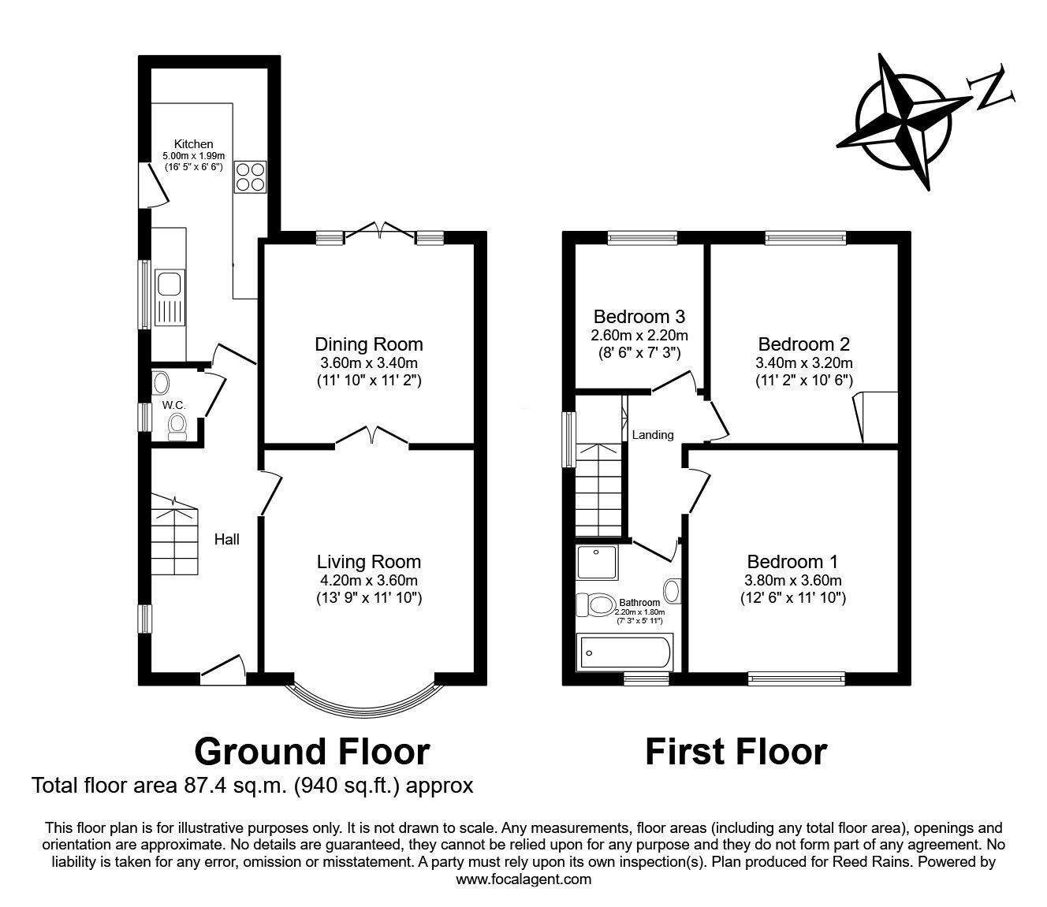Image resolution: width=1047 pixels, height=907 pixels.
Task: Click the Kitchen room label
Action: pyautogui.click(x=193, y=144)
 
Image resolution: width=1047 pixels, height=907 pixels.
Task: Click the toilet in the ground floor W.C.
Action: pyautogui.click(x=177, y=426)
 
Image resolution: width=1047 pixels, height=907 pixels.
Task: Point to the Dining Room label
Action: pyautogui.click(x=368, y=344)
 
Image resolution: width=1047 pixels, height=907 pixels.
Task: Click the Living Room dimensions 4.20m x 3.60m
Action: pyautogui.click(x=368, y=581)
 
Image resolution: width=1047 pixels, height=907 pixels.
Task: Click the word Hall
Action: pyautogui.click(x=227, y=540)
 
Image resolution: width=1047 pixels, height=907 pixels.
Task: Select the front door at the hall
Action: pyautogui.click(x=223, y=667)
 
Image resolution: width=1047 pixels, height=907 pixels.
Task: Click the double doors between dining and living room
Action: pyautogui.click(x=371, y=436)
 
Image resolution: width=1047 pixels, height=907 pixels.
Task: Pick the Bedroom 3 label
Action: pyautogui.click(x=639, y=317)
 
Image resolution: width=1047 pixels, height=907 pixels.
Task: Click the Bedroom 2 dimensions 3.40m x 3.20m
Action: pyautogui.click(x=803, y=363)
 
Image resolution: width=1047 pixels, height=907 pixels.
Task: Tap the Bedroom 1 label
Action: pyautogui.click(x=792, y=562)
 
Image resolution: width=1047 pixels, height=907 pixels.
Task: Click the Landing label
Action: pyautogui.click(x=653, y=435)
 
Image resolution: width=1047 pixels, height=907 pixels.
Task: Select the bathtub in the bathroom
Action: pyautogui.click(x=625, y=652)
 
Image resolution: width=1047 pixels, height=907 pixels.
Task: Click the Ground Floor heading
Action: pyautogui.click(x=311, y=752)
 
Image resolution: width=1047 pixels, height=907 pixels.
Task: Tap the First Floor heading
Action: pyautogui.click(x=736, y=752)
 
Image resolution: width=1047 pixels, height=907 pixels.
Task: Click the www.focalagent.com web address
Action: pyautogui.click(x=523, y=879)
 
